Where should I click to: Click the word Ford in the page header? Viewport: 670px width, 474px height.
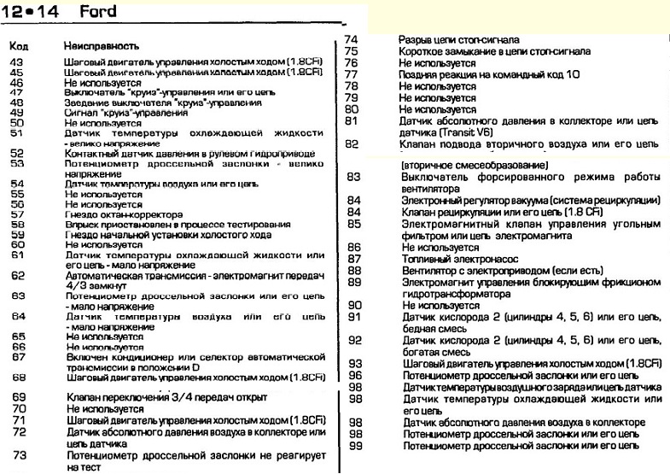tap(98, 12)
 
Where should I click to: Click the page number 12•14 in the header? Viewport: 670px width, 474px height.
tap(33, 12)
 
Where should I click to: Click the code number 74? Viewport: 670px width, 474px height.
tap(350, 39)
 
